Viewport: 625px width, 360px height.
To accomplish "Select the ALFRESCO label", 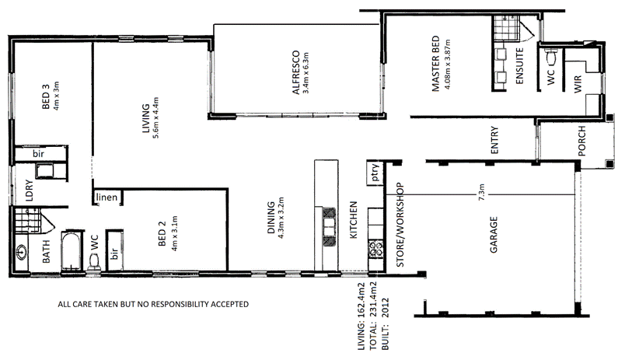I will click(x=295, y=72).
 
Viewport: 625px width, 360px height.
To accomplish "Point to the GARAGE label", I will click(x=493, y=237).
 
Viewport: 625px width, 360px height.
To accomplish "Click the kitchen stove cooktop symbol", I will click(x=376, y=250).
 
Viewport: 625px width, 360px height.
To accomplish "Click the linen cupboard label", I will click(x=106, y=197).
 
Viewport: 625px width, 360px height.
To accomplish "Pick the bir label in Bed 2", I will click(x=115, y=252).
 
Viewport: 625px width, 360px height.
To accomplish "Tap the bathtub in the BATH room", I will click(x=72, y=250).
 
